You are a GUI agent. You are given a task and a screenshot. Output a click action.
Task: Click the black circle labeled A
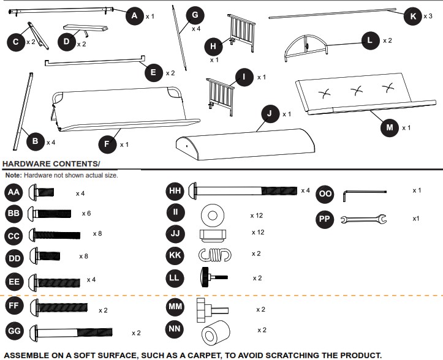point(135,16)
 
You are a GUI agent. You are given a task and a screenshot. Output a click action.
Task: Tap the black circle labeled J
point(269,114)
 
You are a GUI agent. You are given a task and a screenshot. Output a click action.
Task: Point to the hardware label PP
point(325,219)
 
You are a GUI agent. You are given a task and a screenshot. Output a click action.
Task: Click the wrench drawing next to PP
point(363,219)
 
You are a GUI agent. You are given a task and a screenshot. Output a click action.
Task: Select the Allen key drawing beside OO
point(363,192)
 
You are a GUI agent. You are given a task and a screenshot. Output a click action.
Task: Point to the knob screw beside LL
point(210,277)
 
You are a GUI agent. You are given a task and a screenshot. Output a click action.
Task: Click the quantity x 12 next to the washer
point(257,216)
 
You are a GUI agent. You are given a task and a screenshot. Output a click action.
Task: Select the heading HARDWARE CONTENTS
point(51,164)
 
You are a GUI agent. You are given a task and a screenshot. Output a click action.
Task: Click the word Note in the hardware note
point(13,175)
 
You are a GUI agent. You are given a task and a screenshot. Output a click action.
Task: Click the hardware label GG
point(15,332)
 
